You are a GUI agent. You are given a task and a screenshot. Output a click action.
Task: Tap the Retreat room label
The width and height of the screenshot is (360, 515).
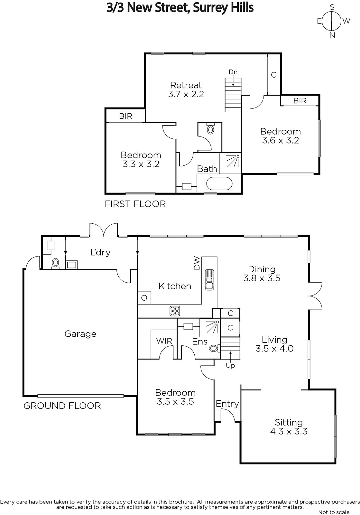coord(186,85)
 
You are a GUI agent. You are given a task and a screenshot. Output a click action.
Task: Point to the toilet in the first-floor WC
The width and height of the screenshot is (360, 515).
coord(210,129)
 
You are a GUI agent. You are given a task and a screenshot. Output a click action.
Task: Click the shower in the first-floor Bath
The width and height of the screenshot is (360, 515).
coord(230,163)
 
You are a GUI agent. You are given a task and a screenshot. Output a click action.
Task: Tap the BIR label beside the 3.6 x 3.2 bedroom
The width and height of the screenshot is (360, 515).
coord(300,101)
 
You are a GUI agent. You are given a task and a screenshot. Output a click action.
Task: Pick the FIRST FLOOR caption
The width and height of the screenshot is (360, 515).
coord(135,204)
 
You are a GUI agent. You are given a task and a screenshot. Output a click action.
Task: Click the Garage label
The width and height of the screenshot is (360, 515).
coord(80,333)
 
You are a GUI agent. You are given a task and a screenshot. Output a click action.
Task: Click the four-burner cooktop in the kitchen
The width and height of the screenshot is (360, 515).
coord(175,311)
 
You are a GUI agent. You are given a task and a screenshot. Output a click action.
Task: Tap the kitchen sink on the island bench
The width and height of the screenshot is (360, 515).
coord(209,280)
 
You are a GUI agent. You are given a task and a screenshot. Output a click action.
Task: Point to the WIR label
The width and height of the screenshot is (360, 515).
coord(164,341)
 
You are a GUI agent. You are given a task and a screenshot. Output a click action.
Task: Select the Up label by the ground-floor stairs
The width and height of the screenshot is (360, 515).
coord(230,366)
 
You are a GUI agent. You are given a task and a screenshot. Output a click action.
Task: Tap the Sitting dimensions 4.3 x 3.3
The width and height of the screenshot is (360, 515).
coord(289,431)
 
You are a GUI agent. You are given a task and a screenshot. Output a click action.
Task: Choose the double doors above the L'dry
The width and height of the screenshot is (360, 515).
coord(103,230)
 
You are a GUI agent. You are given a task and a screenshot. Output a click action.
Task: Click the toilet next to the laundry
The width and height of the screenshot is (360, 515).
coord(55,263)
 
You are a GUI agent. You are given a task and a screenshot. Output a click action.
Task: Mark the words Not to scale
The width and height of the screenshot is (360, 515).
coord(334,512)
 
